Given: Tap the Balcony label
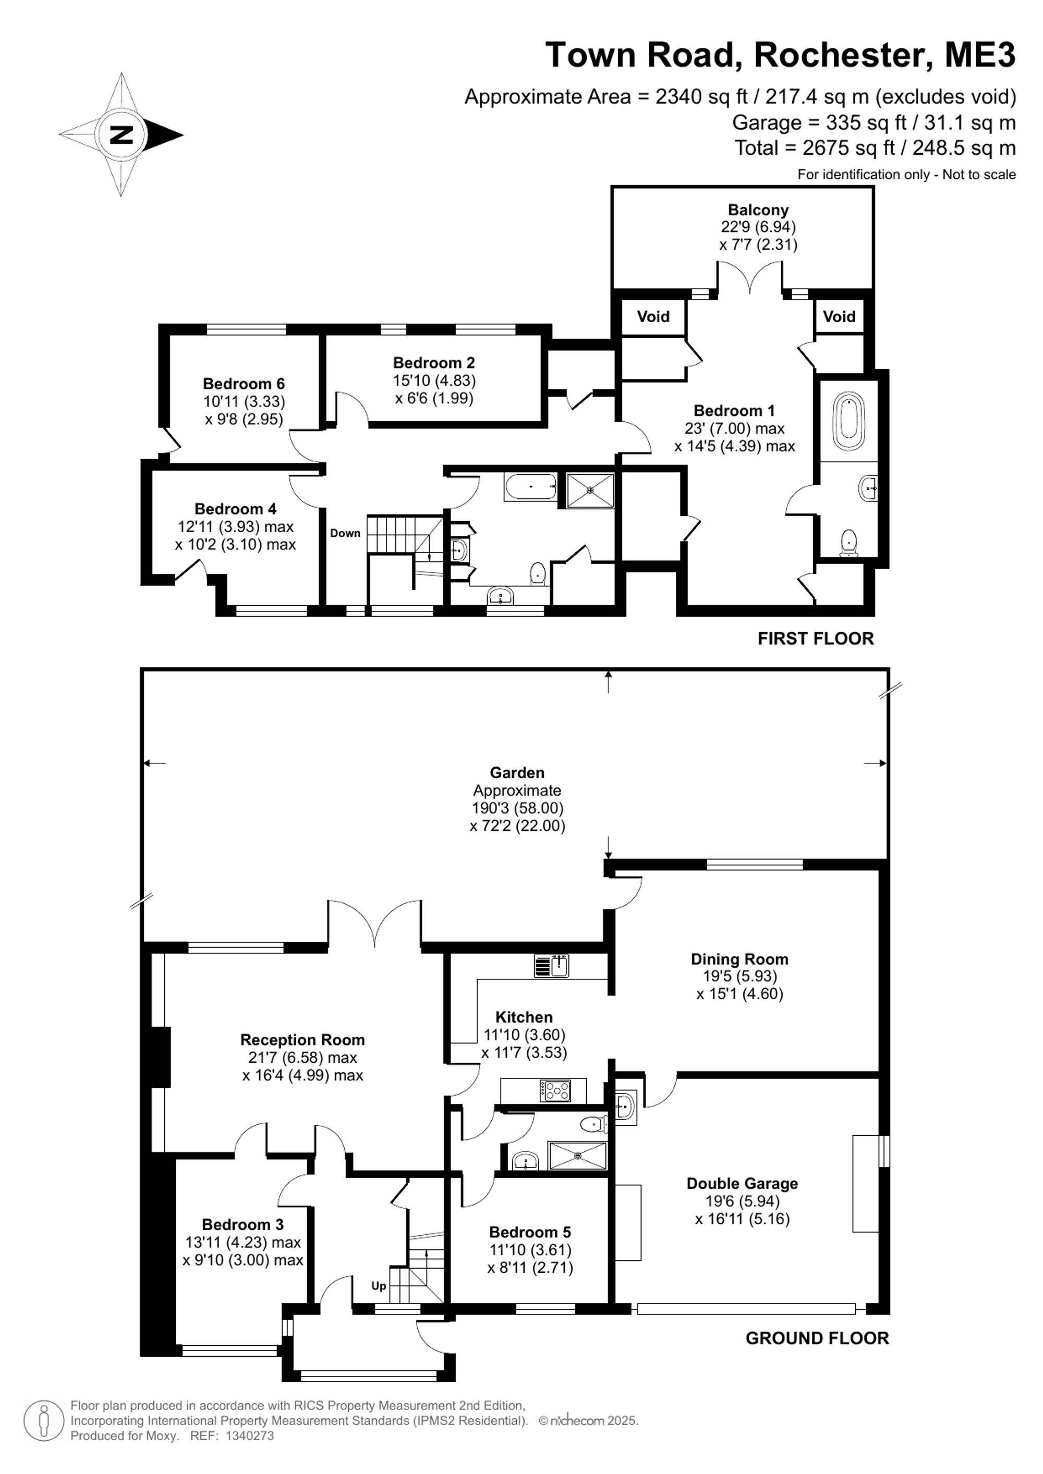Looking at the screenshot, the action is (758, 210).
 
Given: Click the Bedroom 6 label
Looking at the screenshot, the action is (244, 384).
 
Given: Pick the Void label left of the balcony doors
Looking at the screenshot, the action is (653, 316).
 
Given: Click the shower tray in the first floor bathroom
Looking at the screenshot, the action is (590, 491).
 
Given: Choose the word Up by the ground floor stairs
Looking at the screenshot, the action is (379, 1286).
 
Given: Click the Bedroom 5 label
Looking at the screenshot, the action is (530, 1232).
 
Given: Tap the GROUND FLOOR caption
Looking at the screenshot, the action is (818, 1338).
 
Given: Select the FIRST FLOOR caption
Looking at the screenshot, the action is (816, 639).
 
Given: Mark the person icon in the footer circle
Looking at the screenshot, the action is (44, 1420).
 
